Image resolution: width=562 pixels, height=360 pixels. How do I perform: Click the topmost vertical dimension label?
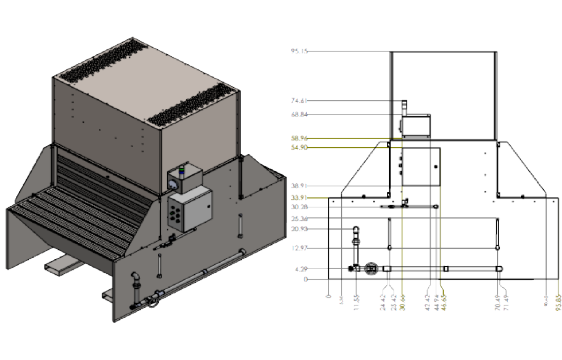pyautogui.click(x=300, y=51)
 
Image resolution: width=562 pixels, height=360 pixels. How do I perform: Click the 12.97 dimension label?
pyautogui.click(x=300, y=247)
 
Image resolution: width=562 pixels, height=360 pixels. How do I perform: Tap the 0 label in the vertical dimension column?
pyautogui.click(x=305, y=279)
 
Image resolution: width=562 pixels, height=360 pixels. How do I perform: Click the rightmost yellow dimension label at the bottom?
pyautogui.click(x=557, y=300)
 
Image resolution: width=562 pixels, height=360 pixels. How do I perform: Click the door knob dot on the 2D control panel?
pyautogui.click(x=436, y=167)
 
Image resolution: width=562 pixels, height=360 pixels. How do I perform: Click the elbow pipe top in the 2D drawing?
pyautogui.click(x=356, y=229)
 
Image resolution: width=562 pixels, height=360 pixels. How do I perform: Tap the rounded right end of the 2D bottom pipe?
pyautogui.click(x=500, y=269)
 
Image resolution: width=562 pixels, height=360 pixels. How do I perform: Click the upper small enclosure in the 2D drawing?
pyautogui.click(x=415, y=125)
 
